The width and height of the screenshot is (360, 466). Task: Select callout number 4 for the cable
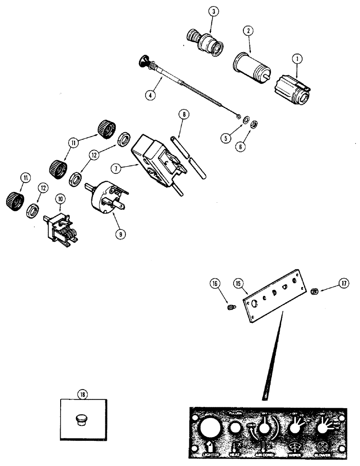coord(150,96)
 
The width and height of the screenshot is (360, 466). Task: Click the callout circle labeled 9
coord(121,234)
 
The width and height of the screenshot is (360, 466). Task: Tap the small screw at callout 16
coord(230,307)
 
